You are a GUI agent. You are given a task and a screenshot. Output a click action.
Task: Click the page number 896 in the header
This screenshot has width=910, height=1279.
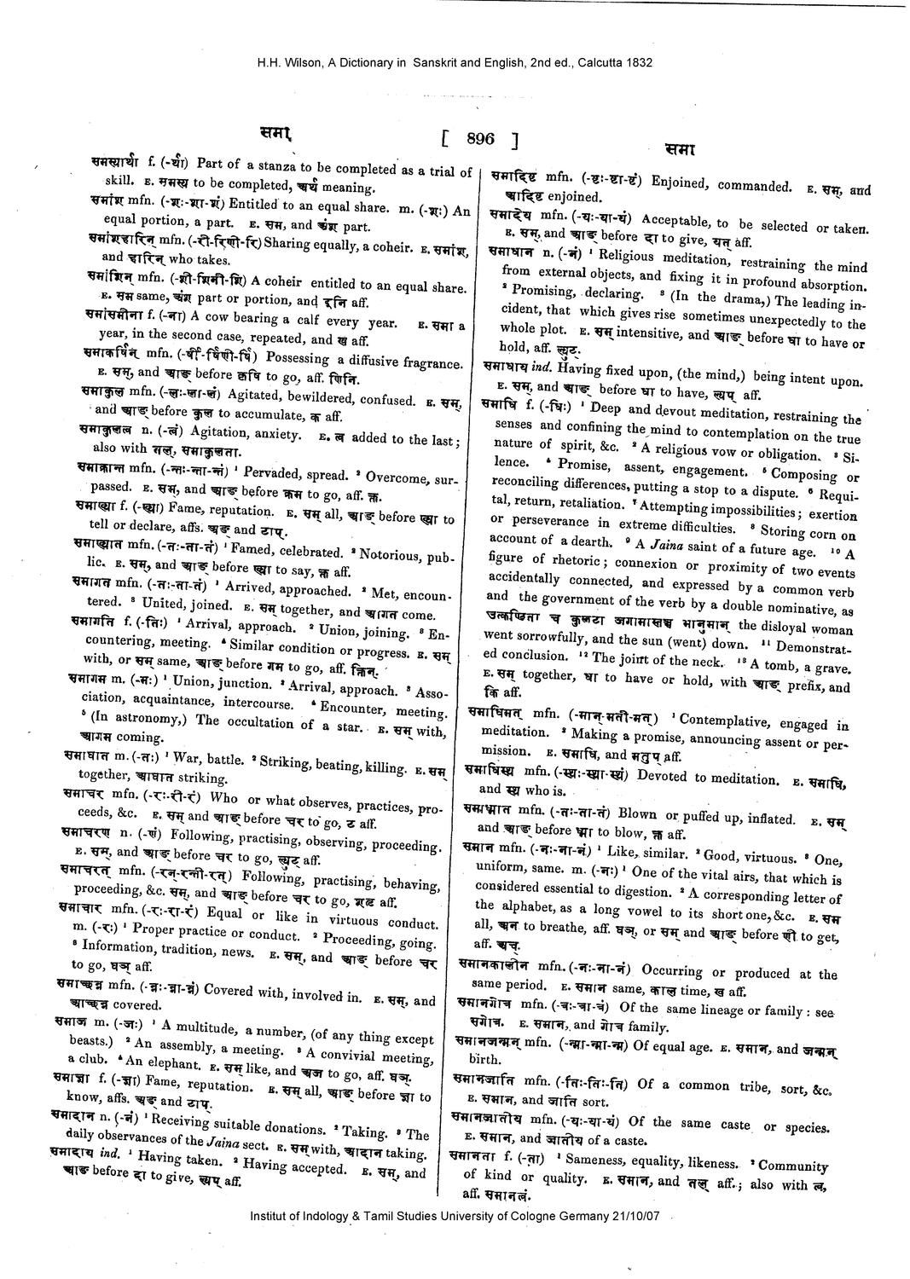[480, 138]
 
